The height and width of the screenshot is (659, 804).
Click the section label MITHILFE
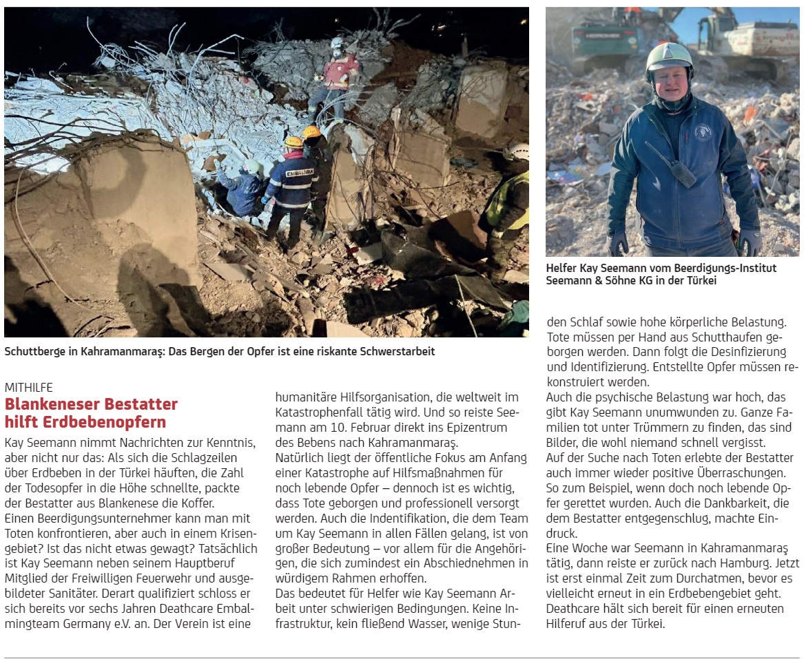coord(28,388)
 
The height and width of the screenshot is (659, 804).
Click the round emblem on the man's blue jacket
coord(702,132)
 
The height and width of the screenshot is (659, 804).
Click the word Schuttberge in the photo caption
coord(34,352)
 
